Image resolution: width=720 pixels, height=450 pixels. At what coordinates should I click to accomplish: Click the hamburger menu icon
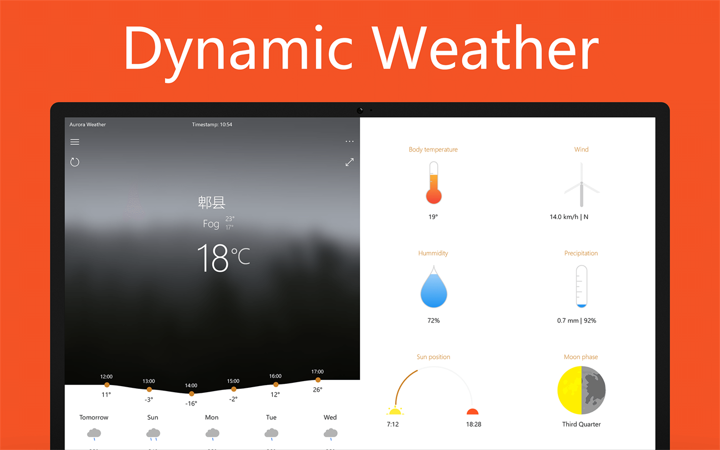(74, 142)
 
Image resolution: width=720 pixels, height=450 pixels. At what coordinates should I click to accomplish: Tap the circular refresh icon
(74, 162)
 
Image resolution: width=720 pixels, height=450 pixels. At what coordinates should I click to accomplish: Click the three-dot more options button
(349, 142)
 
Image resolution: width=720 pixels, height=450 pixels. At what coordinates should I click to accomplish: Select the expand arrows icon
(349, 162)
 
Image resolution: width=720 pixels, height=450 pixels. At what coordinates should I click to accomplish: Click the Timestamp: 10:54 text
(212, 124)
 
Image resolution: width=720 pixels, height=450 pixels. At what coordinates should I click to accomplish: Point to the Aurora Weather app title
(87, 124)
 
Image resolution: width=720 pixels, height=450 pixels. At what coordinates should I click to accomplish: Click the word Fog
(211, 224)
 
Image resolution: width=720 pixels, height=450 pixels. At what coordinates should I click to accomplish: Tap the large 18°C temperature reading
(223, 258)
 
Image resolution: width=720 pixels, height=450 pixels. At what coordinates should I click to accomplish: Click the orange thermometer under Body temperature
(433, 183)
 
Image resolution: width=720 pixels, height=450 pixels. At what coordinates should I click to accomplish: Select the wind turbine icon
(582, 184)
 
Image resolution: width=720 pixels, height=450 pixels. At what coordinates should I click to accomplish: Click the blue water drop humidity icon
(433, 287)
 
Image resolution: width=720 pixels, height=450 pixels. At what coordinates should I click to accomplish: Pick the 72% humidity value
(433, 321)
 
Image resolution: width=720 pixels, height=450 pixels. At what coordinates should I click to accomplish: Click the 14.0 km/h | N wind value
(569, 217)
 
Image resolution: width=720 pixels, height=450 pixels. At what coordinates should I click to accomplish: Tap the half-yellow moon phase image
(582, 390)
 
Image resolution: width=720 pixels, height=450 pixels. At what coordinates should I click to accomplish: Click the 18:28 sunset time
(473, 424)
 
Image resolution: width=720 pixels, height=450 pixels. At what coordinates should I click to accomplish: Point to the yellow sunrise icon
(395, 411)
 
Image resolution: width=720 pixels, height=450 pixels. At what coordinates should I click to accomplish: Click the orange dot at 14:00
(192, 394)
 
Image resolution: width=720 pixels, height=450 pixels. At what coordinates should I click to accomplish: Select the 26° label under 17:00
(318, 389)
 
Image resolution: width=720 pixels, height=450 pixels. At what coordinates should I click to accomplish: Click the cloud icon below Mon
(212, 434)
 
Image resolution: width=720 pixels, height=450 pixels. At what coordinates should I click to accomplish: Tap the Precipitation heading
(581, 253)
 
